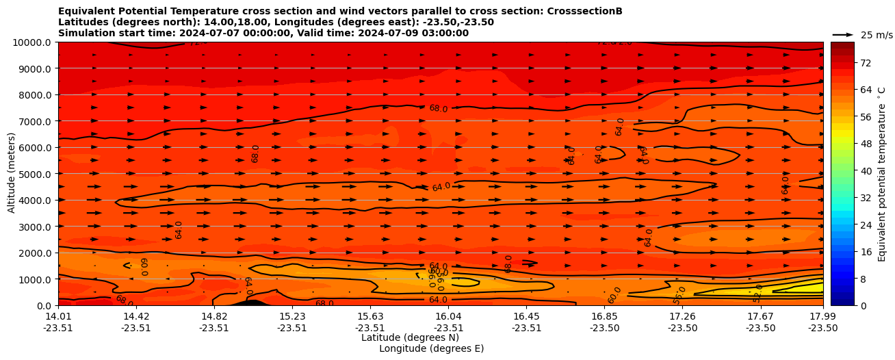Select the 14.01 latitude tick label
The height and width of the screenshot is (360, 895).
(58, 316)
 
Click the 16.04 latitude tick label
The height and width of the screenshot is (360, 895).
(448, 316)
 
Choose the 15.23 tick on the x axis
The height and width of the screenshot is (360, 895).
(292, 316)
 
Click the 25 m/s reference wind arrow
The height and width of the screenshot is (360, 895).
(843, 34)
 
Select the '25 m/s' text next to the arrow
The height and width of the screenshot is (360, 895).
(877, 35)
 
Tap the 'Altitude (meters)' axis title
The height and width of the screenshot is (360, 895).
(12, 173)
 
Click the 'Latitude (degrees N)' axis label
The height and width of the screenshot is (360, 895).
(410, 337)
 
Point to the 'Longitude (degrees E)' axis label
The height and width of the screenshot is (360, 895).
(431, 348)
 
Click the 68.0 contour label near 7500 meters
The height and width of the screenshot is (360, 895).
(438, 108)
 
